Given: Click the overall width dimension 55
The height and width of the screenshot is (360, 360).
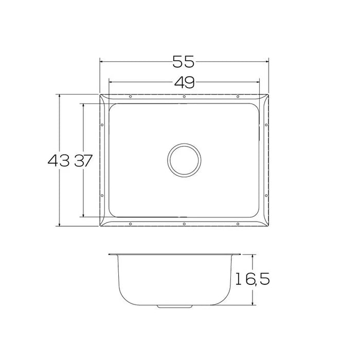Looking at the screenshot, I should pos(184,62).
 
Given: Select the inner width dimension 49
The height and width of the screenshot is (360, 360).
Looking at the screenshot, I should pos(184,82).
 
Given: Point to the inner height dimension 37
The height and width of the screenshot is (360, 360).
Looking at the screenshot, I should pos(83,161).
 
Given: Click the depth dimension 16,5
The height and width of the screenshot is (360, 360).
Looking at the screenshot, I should pos(252,280).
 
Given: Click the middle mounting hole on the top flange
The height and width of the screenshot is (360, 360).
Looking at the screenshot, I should pos(184,97).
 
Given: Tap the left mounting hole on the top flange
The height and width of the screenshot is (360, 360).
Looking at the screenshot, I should pos(130,97).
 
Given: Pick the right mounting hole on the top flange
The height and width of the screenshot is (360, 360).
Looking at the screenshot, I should pos(237,97).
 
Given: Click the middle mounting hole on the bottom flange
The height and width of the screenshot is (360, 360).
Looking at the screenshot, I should pos(184,224).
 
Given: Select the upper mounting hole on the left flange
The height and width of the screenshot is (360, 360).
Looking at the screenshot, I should pos(102,124).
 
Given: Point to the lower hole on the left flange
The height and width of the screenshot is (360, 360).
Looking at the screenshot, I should pos(102,196).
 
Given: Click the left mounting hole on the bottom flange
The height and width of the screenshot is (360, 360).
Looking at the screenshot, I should pos(130,224).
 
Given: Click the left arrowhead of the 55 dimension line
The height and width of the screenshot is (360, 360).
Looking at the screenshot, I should pos(101,62).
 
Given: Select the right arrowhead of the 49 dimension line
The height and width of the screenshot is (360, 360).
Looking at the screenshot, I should pos(260,82).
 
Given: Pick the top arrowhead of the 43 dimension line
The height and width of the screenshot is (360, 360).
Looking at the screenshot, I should pos(60,96).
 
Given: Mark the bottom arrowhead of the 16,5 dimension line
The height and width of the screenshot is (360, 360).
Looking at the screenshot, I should pos(253,304).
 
